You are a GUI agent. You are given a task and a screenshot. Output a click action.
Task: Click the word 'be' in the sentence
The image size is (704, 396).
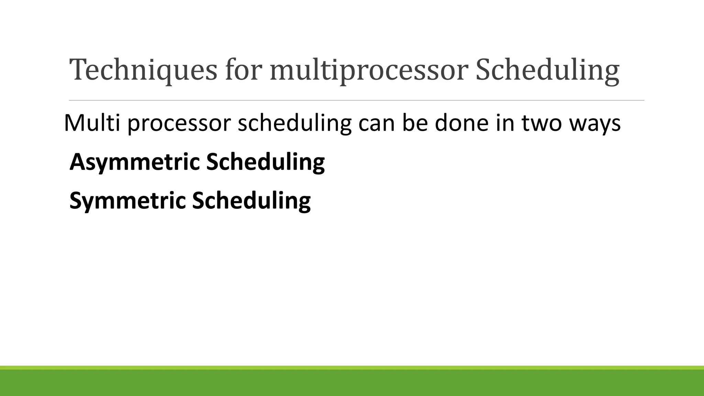pyautogui.click(x=415, y=123)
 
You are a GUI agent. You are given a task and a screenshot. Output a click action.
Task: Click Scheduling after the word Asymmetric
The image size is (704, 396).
pyautogui.click(x=265, y=162)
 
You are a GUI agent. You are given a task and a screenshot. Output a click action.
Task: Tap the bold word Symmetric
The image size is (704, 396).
pyautogui.click(x=127, y=201)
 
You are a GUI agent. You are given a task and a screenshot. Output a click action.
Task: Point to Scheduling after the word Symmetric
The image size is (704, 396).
pyautogui.click(x=251, y=201)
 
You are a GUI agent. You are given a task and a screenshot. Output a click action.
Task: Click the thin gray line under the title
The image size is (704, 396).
pyautogui.click(x=356, y=100)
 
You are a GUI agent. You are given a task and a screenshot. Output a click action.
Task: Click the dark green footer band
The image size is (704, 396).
pyautogui.click(x=352, y=383)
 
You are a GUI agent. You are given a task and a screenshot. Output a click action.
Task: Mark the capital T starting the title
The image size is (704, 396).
pyautogui.click(x=78, y=69)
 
